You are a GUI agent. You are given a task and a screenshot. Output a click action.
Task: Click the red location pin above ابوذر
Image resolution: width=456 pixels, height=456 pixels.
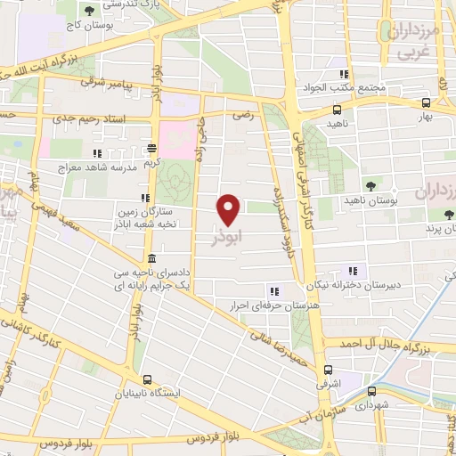coord(230,208)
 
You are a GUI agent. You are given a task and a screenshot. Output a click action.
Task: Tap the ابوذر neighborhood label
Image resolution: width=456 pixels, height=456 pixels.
coord(227,239)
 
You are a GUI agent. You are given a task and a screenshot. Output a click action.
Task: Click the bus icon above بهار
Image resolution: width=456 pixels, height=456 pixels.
coord(426,103)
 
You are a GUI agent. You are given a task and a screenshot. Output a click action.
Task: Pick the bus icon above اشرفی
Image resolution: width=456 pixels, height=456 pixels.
coord(328,370)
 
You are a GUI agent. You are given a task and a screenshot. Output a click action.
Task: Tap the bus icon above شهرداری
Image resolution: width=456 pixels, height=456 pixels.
coord(371,389)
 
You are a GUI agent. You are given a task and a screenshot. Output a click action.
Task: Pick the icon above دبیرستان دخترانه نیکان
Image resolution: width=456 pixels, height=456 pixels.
coord(353,270)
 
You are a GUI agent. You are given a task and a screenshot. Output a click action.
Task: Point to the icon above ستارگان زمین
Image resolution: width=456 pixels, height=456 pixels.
coord(144,198)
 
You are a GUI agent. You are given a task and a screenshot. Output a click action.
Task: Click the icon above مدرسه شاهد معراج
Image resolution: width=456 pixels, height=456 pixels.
coord(148,152)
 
